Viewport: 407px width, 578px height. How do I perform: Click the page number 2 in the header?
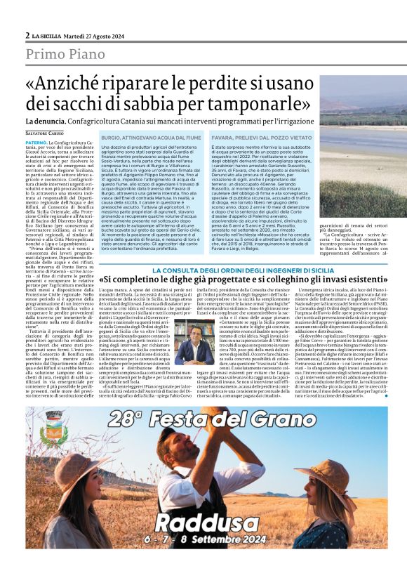point(27,34)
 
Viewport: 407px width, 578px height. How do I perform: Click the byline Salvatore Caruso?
point(44,133)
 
